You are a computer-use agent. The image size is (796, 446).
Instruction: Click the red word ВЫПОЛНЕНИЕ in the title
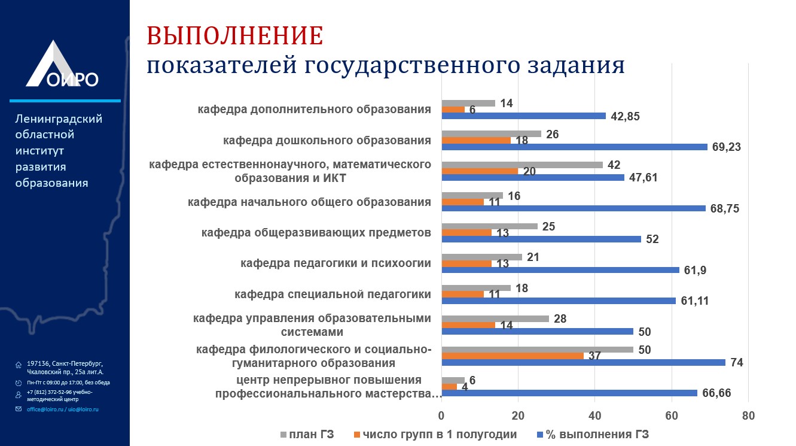(235, 36)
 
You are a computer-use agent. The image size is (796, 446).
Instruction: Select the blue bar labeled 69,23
(574, 147)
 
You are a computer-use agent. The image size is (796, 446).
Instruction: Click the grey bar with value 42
(522, 165)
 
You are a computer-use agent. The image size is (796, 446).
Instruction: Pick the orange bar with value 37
(513, 356)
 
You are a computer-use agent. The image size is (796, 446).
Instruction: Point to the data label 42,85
(625, 116)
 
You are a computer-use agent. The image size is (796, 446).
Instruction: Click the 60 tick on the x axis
(671, 416)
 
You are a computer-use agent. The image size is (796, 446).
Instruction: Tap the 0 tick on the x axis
(441, 416)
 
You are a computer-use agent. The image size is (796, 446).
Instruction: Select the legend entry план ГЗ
(307, 434)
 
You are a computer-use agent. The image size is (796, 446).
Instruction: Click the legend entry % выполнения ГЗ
(593, 434)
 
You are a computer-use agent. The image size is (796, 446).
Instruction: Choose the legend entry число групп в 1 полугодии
(435, 434)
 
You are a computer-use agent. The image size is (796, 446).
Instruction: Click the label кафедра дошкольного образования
(327, 140)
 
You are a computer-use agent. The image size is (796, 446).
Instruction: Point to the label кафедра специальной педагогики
(333, 294)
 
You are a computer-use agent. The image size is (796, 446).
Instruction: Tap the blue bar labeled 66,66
(569, 393)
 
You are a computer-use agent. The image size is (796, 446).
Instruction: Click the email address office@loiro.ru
(45, 409)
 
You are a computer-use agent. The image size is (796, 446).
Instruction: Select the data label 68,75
(725, 208)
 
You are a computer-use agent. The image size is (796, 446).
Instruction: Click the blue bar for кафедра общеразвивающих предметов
(541, 239)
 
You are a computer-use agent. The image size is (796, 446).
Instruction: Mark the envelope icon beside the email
(19, 409)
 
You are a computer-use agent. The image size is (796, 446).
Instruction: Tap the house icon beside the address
(19, 365)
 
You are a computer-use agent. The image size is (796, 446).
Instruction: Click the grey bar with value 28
(495, 318)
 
